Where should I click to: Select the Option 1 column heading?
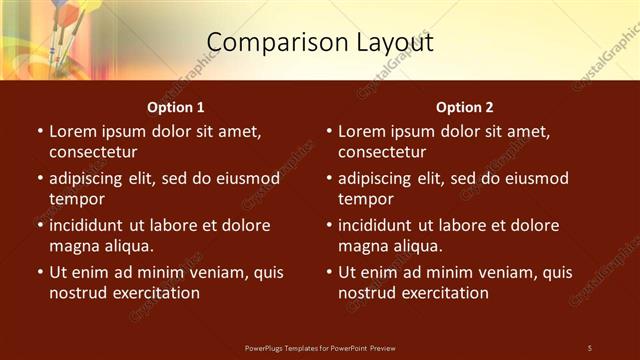(176, 107)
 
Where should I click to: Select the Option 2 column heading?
(465, 107)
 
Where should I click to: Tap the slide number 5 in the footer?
(589, 347)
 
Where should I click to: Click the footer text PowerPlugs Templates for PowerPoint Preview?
(320, 347)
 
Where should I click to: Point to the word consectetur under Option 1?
(93, 152)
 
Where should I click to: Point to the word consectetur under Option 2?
(382, 152)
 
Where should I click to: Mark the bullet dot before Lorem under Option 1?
(39, 131)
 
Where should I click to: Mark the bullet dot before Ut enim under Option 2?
(328, 272)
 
